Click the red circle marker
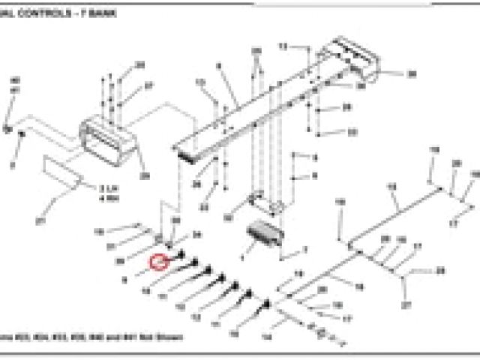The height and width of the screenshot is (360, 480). tap(158, 262)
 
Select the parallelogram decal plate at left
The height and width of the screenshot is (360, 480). tap(63, 172)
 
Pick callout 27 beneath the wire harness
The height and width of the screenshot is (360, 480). tap(406, 306)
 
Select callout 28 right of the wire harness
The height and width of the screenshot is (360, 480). tap(440, 270)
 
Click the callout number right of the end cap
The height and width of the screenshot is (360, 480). tap(411, 74)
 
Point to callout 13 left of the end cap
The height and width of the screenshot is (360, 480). tap(283, 46)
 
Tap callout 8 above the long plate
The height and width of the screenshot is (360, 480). tap(219, 67)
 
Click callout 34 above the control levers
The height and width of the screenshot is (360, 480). tap(197, 235)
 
